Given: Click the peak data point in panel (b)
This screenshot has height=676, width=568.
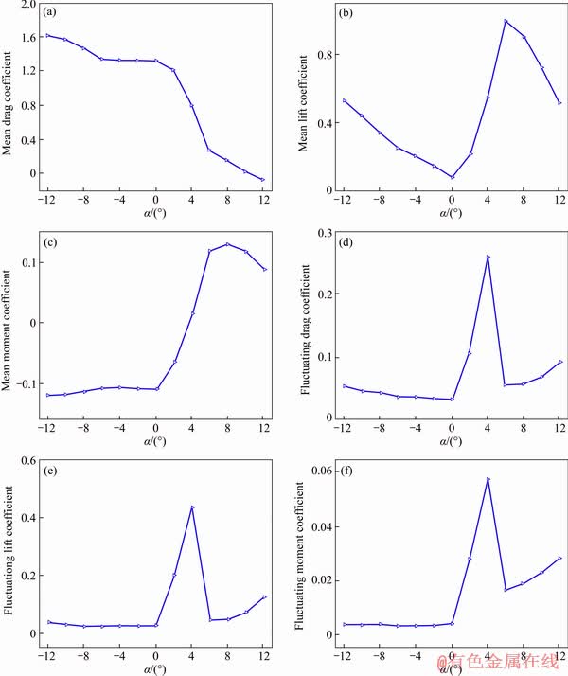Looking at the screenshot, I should click(506, 21).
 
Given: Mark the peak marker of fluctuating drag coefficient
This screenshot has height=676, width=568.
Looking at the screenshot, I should click(488, 257).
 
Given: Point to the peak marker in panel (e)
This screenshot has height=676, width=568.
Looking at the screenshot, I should click(192, 507).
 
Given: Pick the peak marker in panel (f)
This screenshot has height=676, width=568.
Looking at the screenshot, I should click(488, 479).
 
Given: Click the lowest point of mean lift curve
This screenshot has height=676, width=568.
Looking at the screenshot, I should click(452, 177).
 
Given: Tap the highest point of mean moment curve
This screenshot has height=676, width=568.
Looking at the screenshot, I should click(227, 244).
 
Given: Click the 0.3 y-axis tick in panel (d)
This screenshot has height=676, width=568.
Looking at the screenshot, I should click(323, 233).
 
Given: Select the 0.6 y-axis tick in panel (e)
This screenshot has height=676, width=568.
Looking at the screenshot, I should click(27, 461).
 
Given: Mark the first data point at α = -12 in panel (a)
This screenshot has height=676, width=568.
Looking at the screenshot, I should click(47, 36).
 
